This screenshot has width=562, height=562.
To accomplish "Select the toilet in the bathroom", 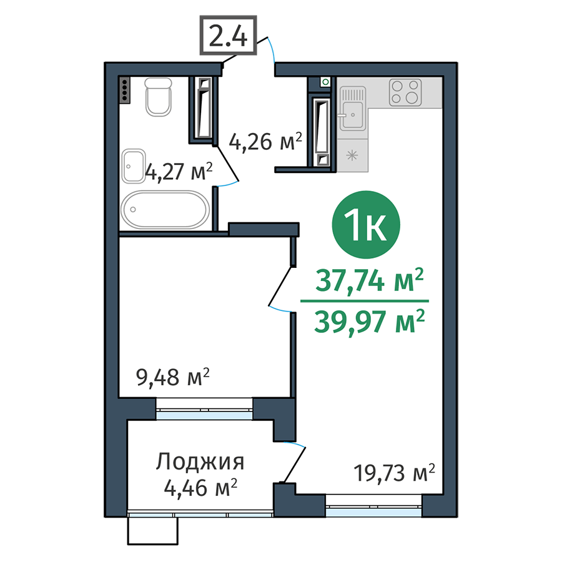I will click(158, 97).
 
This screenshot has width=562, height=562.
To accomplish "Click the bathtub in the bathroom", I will click(165, 210).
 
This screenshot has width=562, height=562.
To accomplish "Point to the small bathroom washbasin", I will click(134, 165).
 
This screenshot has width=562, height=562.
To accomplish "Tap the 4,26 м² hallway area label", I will click(265, 142).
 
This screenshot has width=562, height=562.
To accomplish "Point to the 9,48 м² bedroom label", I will click(172, 377).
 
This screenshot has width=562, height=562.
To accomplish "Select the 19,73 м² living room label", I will click(393, 473).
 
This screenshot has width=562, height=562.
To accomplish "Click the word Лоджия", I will click(200, 463).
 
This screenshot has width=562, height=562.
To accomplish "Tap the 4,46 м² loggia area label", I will click(200, 486).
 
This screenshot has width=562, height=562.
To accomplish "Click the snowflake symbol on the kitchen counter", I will click(352, 155).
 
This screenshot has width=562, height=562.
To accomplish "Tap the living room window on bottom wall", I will click(373, 505).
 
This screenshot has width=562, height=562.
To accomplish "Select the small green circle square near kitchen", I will click(325, 82).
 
